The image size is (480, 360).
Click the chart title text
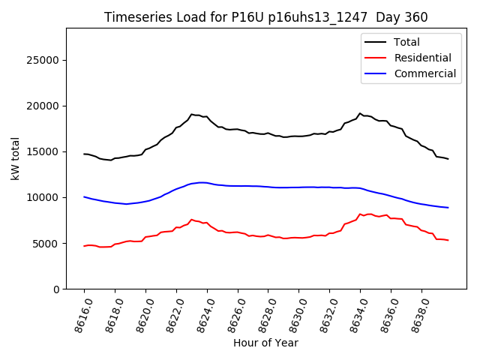(265, 17)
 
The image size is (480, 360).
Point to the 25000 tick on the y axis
(44, 60)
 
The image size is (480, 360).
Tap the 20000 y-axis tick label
(44, 106)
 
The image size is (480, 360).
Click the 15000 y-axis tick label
(44, 151)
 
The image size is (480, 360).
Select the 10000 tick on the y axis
(44, 197)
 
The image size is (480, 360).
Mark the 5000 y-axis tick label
(47, 244)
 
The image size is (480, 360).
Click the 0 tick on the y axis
(56, 289)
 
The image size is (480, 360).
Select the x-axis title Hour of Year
(265, 343)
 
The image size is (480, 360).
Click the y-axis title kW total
(15, 158)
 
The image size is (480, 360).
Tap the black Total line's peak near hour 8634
(360, 113)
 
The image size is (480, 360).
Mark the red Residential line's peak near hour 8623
(191, 220)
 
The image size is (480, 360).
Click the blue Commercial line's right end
(448, 208)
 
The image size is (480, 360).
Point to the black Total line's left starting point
(84, 154)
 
